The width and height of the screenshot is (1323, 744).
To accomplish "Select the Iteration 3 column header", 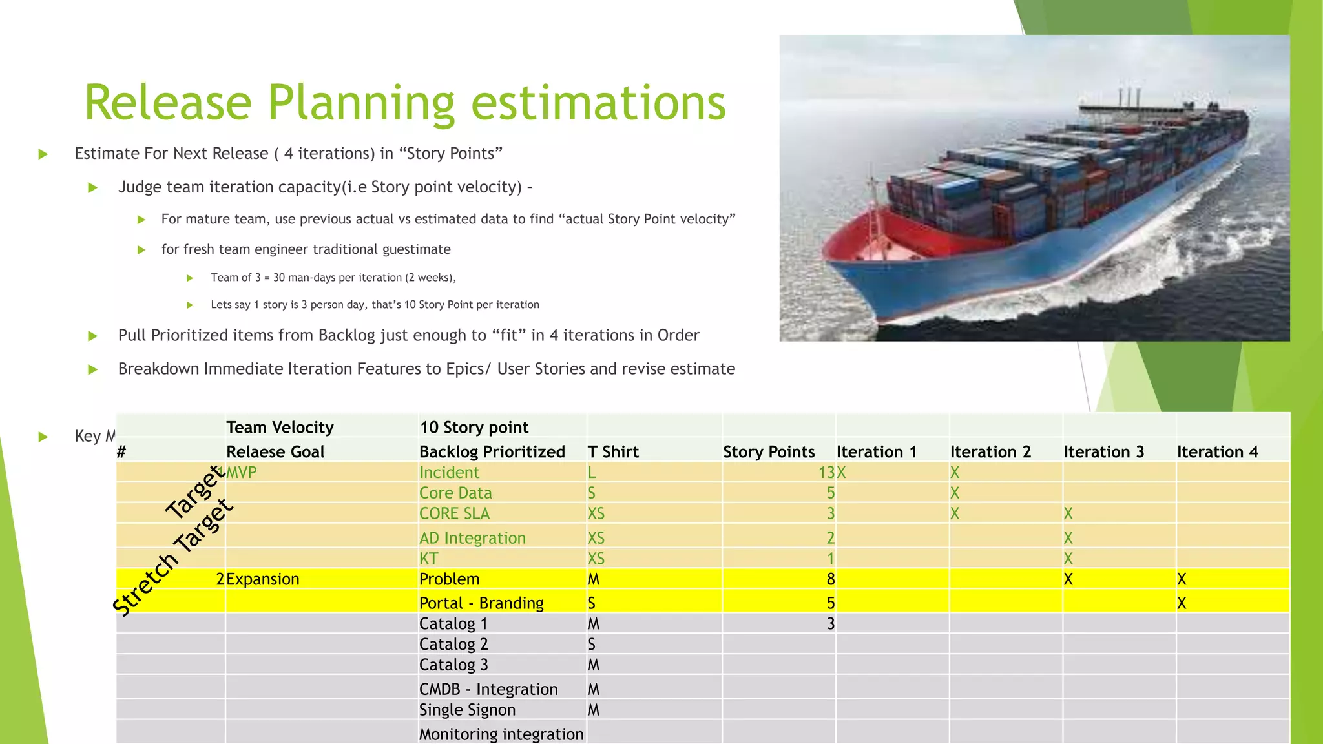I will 1103,451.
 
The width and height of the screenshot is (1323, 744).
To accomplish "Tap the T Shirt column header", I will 612,451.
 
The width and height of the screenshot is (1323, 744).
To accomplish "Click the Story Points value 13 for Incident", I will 826,472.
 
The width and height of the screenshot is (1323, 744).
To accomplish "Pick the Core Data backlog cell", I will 455,493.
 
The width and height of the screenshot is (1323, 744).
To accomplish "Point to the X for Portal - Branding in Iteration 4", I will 1182,603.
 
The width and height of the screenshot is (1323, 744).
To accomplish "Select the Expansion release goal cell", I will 262,579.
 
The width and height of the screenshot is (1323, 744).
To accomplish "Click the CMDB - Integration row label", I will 488,689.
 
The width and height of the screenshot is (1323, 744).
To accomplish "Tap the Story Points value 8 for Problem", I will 830,579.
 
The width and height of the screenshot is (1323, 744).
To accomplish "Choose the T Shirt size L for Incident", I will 591,472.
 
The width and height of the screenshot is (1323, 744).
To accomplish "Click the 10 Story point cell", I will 474,427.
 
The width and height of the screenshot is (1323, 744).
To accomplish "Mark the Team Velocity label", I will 279,427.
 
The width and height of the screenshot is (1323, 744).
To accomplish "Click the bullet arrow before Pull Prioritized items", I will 92,336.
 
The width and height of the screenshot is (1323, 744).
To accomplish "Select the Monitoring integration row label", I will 501,734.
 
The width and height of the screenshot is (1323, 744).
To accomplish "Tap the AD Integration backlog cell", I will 472,538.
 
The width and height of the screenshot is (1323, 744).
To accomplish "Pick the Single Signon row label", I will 467,710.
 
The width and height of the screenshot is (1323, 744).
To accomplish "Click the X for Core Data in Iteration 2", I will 954,493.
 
